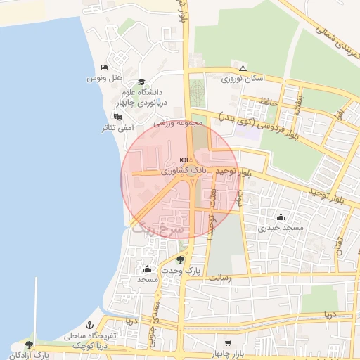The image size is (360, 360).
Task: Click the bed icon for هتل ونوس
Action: (104, 67)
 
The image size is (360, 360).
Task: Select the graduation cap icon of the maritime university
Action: (141, 82)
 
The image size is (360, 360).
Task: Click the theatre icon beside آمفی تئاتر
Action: (117, 117)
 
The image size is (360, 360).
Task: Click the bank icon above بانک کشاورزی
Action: (184, 160)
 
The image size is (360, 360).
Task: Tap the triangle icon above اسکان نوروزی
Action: (243, 69)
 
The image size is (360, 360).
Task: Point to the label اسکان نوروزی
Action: (241, 79)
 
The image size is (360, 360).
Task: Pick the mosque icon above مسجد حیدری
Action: (281, 217)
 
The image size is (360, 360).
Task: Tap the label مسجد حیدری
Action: (280, 228)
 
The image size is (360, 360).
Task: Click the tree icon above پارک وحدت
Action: (180, 259)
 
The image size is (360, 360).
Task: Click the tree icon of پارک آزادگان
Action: (29, 345)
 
